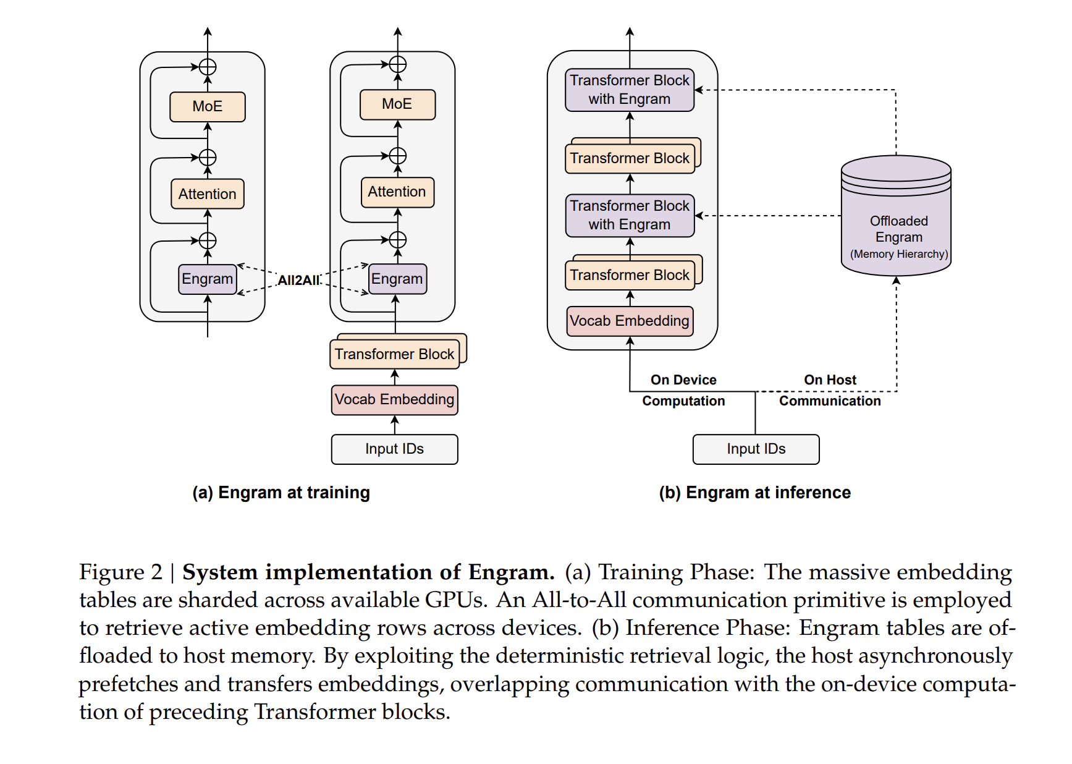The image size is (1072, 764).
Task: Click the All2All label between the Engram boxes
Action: tap(299, 280)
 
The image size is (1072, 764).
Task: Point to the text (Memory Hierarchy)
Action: tap(899, 254)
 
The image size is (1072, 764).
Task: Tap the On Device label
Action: tap(683, 380)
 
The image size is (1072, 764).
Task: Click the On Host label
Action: tap(830, 380)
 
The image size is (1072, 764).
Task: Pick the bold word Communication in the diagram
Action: tap(830, 401)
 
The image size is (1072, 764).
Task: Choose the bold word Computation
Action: tap(683, 401)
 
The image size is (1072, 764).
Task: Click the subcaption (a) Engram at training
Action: tap(281, 493)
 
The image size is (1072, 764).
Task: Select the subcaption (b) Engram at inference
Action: tap(754, 493)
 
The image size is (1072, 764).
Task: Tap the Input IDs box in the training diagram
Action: tap(394, 449)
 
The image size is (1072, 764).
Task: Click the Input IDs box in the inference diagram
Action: tap(756, 449)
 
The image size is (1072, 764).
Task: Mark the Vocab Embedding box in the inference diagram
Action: tap(630, 321)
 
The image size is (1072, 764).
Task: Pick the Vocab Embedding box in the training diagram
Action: tap(394, 400)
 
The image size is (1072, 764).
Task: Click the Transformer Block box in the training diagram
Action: tap(395, 354)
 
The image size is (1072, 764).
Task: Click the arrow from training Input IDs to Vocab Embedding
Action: tap(395, 425)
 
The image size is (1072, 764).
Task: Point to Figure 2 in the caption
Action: tap(120, 572)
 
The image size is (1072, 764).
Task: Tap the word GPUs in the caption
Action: tap(456, 600)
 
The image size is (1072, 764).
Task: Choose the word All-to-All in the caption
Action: tap(579, 600)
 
